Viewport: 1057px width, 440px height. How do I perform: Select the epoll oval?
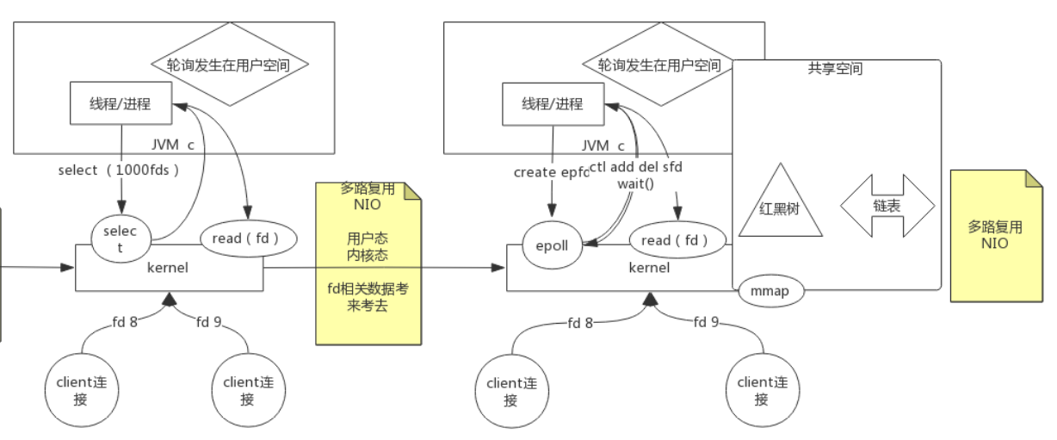point(552,245)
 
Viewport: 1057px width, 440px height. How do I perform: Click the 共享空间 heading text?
point(835,69)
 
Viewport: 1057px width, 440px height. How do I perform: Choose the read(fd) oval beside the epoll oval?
point(680,240)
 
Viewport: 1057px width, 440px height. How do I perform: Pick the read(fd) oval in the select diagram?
point(250,239)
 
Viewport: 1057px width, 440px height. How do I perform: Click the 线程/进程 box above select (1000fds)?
point(121,104)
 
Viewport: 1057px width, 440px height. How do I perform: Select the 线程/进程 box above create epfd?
point(553,104)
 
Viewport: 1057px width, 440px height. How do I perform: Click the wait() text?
point(635,183)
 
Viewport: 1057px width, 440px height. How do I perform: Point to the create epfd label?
point(552,172)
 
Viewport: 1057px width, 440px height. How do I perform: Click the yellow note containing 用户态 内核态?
point(368,263)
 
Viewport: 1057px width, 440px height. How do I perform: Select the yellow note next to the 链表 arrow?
point(995,235)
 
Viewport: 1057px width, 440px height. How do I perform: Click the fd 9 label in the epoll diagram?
point(704,322)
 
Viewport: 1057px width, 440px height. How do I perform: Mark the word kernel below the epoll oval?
point(650,268)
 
